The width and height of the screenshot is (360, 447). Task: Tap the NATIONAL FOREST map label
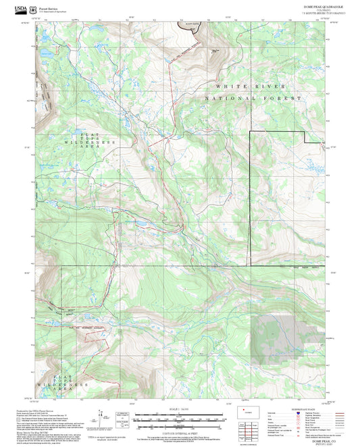tap(254, 99)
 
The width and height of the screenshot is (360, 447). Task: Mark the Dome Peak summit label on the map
tap(215, 50)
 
